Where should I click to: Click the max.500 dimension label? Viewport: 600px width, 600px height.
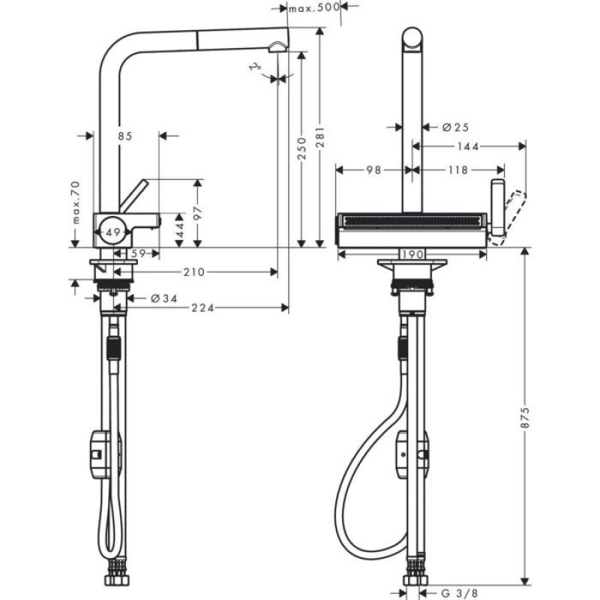313,8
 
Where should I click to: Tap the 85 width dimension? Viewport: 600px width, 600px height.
124,136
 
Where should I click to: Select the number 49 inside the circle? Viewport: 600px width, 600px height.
111,234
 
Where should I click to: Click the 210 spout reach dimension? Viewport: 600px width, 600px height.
193,271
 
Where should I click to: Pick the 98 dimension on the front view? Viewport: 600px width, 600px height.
373,170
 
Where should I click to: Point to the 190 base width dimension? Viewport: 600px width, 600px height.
411,255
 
